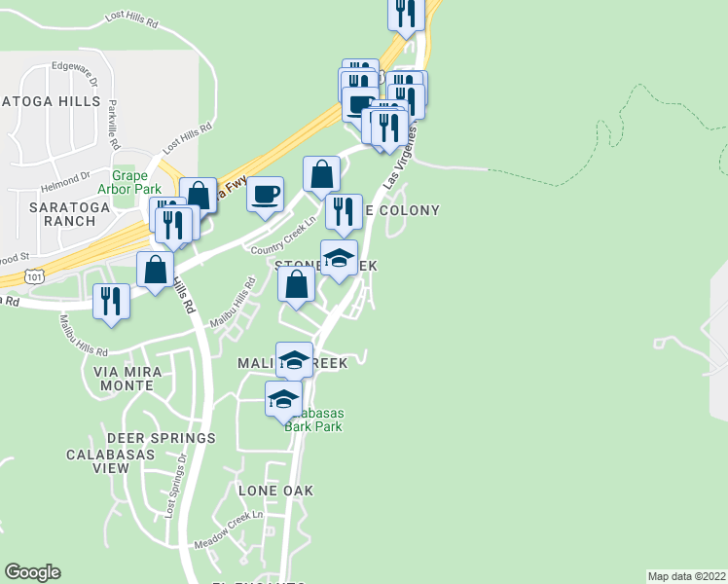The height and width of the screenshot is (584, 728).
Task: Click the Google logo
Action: coord(32,572)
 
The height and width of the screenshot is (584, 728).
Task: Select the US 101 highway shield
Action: coord(34,277)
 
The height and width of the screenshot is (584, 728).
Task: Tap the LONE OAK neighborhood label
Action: coord(276,491)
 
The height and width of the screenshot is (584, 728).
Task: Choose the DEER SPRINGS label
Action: coord(161,438)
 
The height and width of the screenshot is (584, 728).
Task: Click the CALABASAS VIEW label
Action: coord(97,460)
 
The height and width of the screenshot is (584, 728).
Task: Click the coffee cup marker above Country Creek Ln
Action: coord(265,194)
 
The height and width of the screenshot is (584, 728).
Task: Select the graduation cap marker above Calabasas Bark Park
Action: coord(283,399)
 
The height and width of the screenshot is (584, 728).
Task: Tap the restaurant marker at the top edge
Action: coord(405,13)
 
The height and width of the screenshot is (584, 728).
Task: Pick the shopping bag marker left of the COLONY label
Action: coord(321,175)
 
